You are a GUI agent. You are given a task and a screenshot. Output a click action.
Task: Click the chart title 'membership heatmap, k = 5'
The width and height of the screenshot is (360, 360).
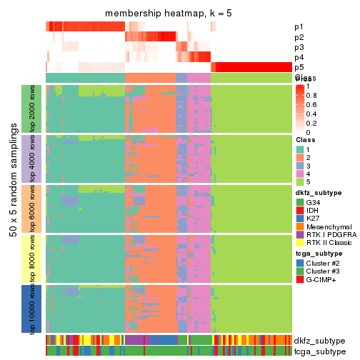click(x=169, y=14)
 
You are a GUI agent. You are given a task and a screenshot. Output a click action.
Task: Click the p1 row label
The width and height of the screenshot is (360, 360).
click(x=298, y=27)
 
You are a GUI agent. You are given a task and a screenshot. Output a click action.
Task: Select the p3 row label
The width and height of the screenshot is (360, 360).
click(x=298, y=47)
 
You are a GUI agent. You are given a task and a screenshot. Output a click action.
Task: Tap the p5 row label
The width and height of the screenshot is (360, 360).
click(x=298, y=67)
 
